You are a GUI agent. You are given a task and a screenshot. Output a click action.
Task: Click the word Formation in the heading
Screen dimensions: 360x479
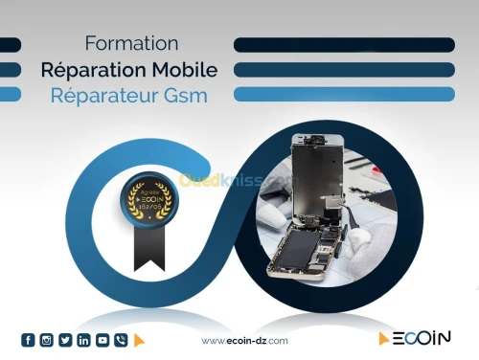(x=131, y=44)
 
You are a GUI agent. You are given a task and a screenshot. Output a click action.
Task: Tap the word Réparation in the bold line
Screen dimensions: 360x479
(x=93, y=70)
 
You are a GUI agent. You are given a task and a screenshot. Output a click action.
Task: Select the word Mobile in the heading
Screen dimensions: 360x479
(x=183, y=70)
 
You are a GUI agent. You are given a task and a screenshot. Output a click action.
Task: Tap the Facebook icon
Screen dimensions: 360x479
(x=28, y=340)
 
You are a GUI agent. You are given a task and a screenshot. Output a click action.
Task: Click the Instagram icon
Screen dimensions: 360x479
(x=46, y=340)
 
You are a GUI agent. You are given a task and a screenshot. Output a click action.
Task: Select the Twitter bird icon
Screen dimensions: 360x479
(x=65, y=340)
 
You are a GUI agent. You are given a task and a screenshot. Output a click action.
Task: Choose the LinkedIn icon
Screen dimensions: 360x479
(x=83, y=340)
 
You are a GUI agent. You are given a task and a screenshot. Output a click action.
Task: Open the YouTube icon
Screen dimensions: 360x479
(x=102, y=340)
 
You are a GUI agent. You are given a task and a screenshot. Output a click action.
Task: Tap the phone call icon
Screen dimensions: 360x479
(x=120, y=340)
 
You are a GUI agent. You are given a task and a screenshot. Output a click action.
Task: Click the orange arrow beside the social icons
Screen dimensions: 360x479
(x=139, y=340)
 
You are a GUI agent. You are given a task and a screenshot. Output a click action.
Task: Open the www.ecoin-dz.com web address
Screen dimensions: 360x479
(x=245, y=341)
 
